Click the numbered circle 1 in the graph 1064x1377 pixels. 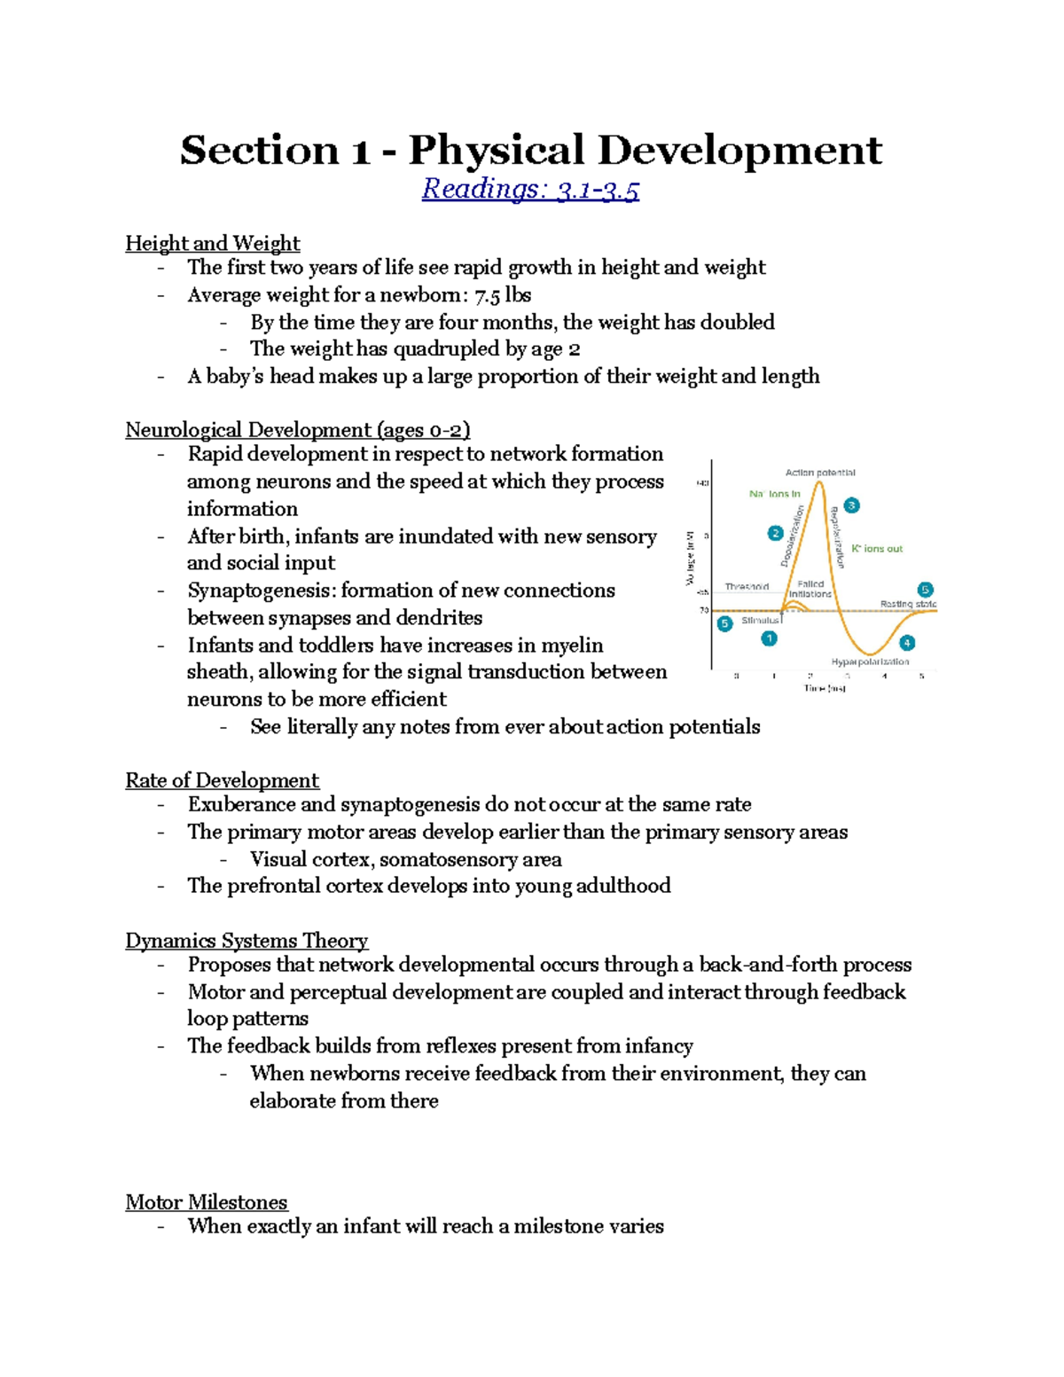point(769,638)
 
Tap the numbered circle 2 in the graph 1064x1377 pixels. point(775,533)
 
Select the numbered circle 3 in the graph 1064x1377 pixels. point(851,505)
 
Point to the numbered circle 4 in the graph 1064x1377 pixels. point(906,643)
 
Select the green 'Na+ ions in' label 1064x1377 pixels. point(774,494)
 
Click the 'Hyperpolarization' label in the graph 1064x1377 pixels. point(870,661)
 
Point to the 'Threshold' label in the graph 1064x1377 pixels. point(747,587)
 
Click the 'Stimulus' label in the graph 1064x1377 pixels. point(761,621)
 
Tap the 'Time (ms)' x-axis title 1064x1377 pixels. point(824,688)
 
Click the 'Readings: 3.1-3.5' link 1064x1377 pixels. point(530,189)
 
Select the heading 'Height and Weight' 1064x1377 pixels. point(212,243)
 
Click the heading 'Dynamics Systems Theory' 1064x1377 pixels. point(246,941)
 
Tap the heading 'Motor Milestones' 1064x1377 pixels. point(206,1202)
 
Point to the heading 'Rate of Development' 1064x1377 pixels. point(222,780)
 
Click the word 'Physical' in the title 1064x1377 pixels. point(496,150)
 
